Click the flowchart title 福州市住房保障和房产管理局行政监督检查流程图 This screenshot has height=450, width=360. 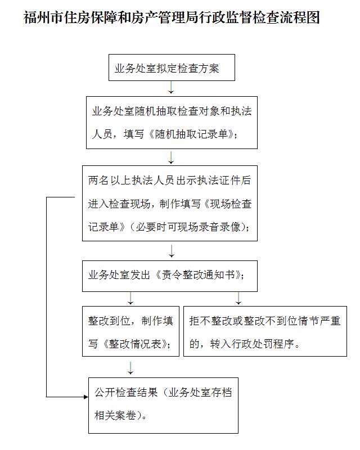[x=172, y=17]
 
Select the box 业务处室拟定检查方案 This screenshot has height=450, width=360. [x=172, y=67]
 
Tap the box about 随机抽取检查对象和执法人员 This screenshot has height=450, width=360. [x=172, y=123]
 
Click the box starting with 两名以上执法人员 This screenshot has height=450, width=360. [x=170, y=203]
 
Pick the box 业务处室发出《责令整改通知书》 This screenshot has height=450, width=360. [x=170, y=276]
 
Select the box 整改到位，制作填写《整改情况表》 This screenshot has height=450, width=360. [x=130, y=331]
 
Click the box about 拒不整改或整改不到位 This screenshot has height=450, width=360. [x=265, y=331]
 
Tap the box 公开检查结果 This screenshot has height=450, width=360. [x=163, y=406]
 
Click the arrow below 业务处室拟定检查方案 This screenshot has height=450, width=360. [x=171, y=88]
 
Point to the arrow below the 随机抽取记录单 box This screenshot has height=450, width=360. [x=171, y=157]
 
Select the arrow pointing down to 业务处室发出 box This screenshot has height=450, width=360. [x=172, y=251]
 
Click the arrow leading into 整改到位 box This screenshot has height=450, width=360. [x=130, y=298]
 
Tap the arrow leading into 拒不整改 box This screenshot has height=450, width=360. [x=238, y=298]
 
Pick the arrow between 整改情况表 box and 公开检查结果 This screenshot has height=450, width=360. [x=130, y=368]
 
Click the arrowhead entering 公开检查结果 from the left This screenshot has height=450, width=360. [x=86, y=397]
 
